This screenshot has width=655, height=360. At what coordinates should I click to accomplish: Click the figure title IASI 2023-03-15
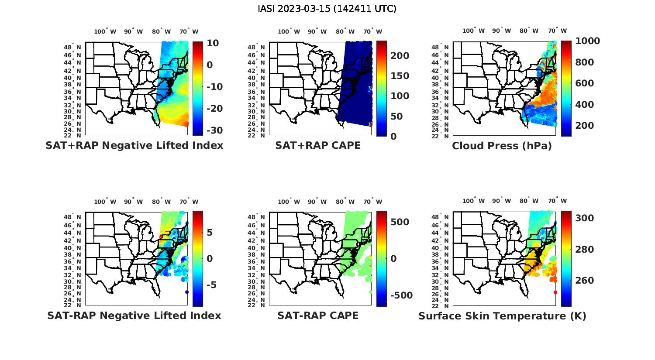[327, 9]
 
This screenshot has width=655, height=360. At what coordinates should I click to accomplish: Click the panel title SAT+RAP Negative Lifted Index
[134, 145]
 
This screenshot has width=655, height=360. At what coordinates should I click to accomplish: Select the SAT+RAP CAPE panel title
[318, 145]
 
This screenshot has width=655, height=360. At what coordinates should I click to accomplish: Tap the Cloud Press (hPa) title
[502, 146]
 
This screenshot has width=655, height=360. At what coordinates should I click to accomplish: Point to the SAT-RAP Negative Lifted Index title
[134, 315]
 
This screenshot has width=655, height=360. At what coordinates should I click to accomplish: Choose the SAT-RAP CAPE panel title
[318, 315]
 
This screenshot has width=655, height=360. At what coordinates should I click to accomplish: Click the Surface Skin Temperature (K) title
[502, 316]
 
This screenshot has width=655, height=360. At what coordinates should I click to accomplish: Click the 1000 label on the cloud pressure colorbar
[587, 41]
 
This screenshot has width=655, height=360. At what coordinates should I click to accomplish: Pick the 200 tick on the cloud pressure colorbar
[584, 126]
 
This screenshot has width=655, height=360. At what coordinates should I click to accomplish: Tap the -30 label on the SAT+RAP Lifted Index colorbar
[214, 130]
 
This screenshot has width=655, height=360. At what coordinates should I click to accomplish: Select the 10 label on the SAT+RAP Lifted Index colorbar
[213, 43]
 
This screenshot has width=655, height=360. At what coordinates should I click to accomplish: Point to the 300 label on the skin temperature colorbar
[584, 218]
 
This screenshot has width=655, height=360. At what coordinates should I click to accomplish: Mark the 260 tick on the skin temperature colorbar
[584, 281]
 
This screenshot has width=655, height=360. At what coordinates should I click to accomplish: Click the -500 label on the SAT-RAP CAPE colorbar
[400, 295]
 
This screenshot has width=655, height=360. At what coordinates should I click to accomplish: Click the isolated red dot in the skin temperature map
[555, 292]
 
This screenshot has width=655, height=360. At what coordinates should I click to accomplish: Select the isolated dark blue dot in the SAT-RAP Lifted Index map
[187, 292]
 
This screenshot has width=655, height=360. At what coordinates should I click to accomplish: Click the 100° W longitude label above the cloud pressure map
[474, 31]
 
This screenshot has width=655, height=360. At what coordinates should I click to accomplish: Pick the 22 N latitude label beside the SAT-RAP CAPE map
[258, 305]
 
